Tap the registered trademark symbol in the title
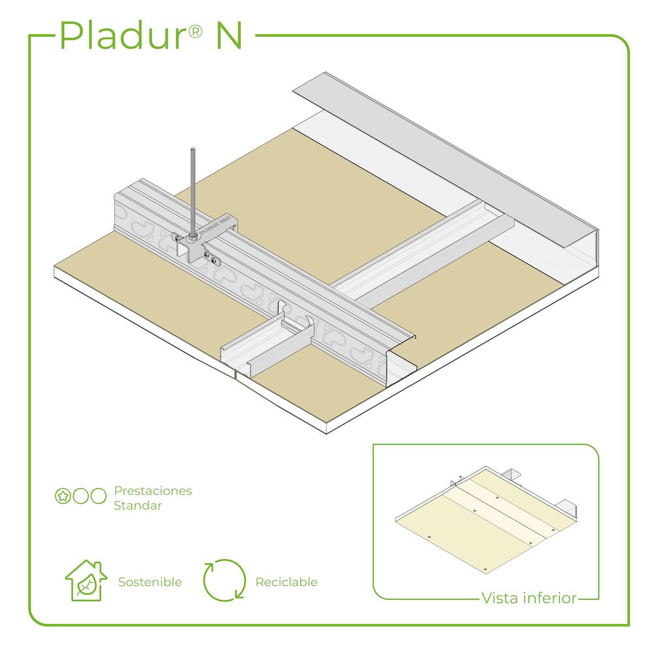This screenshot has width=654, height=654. click(x=195, y=31)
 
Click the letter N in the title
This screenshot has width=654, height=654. click(x=229, y=36)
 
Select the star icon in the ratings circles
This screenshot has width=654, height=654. click(x=63, y=496)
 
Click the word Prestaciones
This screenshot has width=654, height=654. click(x=153, y=490)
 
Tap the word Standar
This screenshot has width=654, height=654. click(x=137, y=506)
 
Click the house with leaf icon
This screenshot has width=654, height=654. click(x=86, y=580)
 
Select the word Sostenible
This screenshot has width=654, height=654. click(x=150, y=582)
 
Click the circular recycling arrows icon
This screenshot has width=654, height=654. click(x=224, y=580)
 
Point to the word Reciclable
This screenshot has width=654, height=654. click(x=286, y=582)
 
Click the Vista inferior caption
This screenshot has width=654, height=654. click(x=529, y=598)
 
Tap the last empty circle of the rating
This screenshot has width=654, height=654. click(x=99, y=496)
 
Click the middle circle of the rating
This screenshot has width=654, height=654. click(x=81, y=496)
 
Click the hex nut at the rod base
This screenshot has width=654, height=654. click(x=193, y=237)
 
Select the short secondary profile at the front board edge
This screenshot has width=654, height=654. click(x=267, y=346)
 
